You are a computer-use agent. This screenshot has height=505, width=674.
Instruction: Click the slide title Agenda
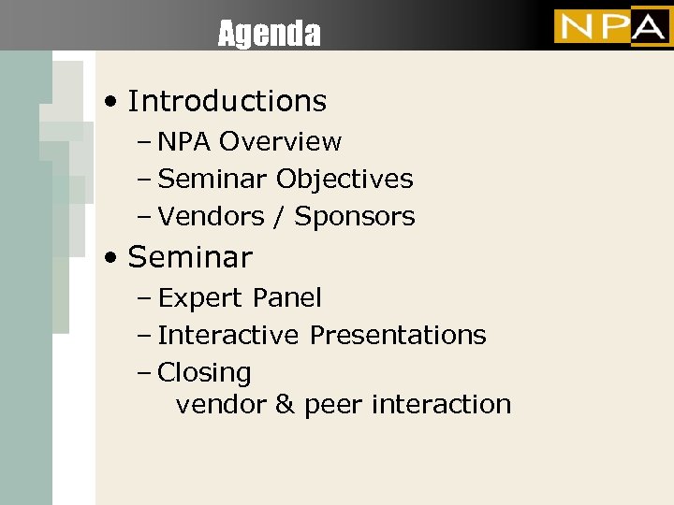tap(269, 35)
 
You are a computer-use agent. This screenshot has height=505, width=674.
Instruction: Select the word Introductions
tap(227, 101)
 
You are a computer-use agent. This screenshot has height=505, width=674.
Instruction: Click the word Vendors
tap(211, 217)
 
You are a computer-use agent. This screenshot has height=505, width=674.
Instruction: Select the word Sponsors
tap(355, 217)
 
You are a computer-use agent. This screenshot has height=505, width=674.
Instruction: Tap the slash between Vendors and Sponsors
tap(279, 217)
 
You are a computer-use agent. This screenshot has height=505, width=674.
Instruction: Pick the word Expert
tap(198, 298)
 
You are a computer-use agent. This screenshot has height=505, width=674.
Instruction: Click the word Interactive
tap(228, 335)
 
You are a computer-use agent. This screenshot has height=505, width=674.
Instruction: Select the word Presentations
tap(398, 335)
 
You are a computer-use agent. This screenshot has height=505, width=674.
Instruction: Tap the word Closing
tap(204, 373)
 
